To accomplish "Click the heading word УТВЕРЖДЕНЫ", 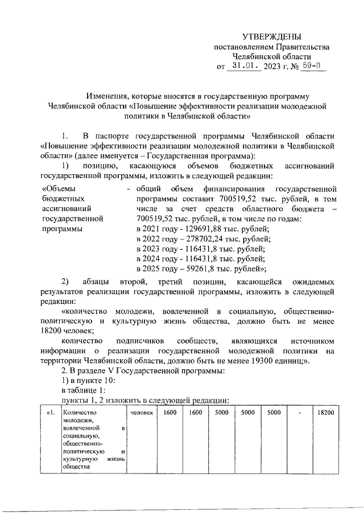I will pyautogui.click(x=271, y=36).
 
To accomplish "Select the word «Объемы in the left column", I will pyautogui.click(x=60, y=188).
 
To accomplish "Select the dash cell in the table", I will pyautogui.click(x=299, y=413).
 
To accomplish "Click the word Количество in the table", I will pyautogui.click(x=80, y=413).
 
